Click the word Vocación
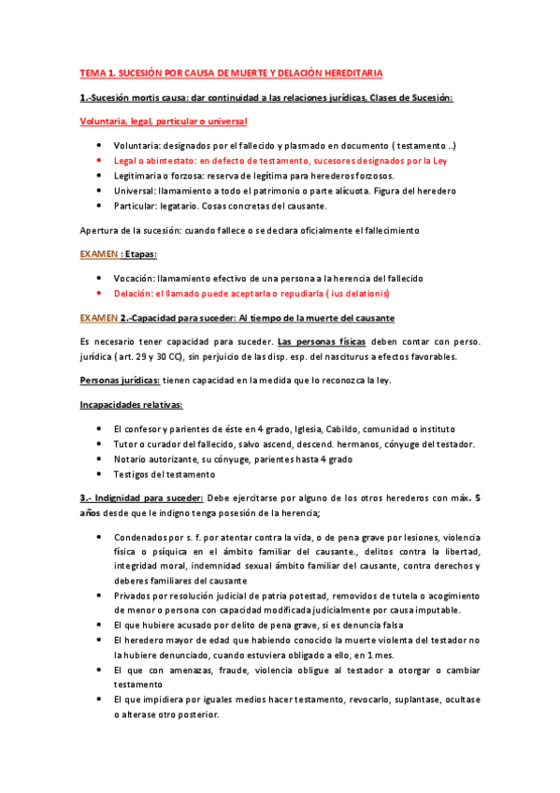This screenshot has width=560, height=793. tap(134, 279)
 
